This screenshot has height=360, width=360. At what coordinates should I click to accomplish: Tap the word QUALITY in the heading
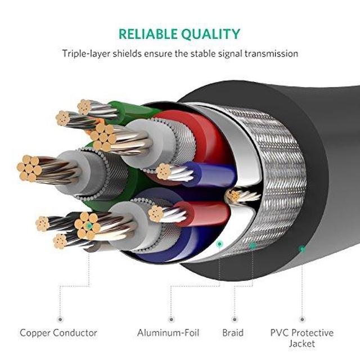(211, 34)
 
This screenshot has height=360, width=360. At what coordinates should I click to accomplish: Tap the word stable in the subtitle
(193, 54)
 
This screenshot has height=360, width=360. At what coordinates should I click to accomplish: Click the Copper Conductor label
(58, 333)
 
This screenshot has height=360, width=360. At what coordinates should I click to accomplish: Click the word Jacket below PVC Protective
(302, 343)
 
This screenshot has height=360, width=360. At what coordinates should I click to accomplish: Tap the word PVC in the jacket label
(280, 333)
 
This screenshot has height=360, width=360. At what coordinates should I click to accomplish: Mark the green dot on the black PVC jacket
(302, 248)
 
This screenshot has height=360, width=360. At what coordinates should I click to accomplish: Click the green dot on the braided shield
(253, 246)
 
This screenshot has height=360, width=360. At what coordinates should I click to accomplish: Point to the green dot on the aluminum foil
(219, 244)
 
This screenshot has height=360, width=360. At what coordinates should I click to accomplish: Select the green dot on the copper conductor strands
(89, 226)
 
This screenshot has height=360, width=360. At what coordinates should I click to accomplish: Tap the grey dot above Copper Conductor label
(58, 319)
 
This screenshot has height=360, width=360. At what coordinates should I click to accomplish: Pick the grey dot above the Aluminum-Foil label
(170, 319)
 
